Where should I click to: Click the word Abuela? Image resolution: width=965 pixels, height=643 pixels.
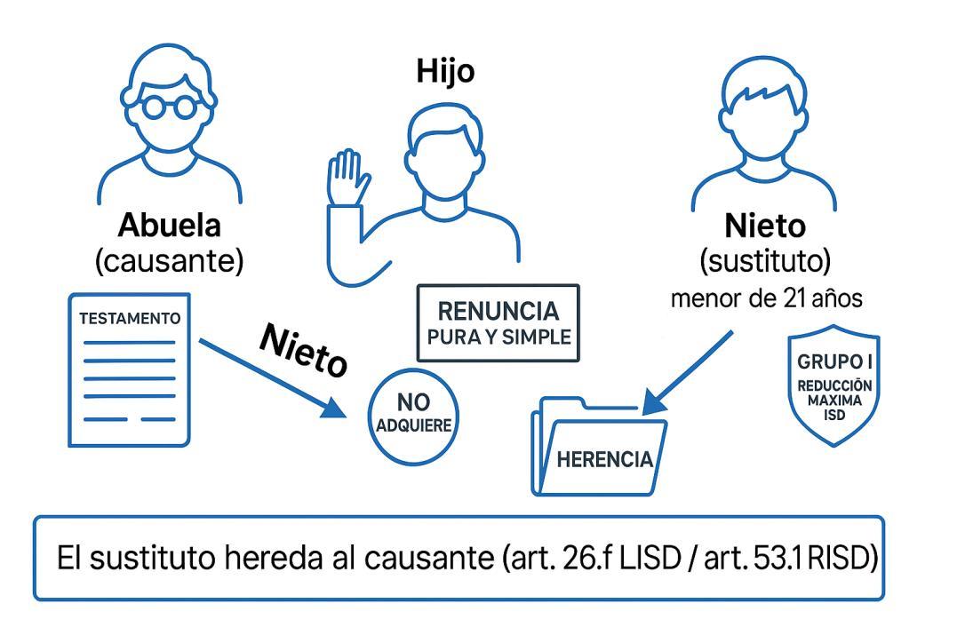click(170, 225)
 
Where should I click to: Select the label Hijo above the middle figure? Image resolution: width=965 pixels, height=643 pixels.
click(445, 72)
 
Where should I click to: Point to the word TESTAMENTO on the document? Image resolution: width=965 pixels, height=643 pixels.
click(131, 318)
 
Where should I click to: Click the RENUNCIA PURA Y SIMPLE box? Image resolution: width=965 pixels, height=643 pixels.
click(498, 323)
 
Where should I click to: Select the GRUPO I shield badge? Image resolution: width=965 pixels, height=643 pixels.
click(833, 389)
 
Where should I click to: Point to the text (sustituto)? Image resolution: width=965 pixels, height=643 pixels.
click(765, 261)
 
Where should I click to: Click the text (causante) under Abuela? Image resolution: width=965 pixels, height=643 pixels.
click(170, 261)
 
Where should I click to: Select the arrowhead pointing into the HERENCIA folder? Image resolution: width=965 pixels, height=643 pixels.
click(654, 405)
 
